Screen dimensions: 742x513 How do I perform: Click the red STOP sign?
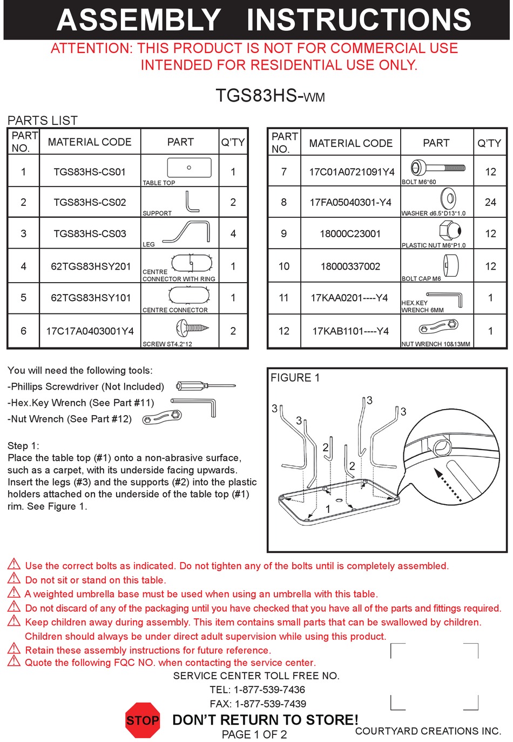[x=143, y=720]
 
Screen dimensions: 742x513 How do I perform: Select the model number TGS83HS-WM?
[x=270, y=96]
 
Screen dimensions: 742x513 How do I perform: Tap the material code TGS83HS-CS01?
[x=90, y=172]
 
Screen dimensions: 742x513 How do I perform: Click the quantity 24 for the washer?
[x=490, y=202]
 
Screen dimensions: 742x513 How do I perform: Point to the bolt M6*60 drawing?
[x=437, y=168]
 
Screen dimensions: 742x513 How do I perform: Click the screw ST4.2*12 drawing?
[x=192, y=327]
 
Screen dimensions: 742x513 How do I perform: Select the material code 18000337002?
[x=350, y=266]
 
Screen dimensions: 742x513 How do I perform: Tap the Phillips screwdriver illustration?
[x=206, y=386]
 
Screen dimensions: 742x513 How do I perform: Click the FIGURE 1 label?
[x=295, y=378]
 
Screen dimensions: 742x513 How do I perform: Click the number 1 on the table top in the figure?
[x=328, y=509]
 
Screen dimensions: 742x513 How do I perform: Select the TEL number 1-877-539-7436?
[x=258, y=690]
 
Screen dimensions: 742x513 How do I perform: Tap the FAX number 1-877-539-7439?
[x=258, y=704]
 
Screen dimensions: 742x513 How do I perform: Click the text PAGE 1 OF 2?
[x=254, y=734]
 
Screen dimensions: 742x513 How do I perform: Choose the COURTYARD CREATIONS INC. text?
[x=428, y=731]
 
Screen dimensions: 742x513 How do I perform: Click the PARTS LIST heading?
[x=43, y=121]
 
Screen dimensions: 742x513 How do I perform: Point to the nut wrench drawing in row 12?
[x=438, y=327]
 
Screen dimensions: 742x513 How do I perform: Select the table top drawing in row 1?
[x=189, y=168]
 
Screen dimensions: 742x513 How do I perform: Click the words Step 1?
[x=23, y=446]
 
